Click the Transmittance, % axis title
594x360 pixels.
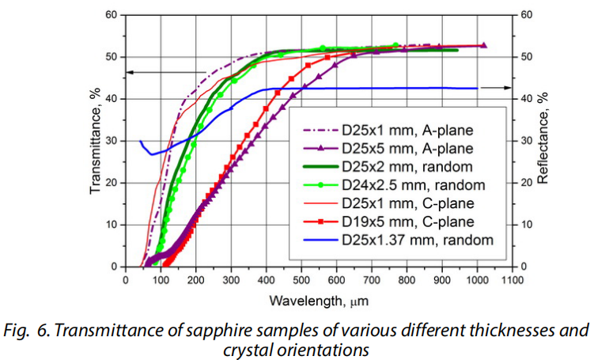[95, 141]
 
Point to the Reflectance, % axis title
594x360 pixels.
[543, 141]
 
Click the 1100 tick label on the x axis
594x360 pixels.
[513, 279]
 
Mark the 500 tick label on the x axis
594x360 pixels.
[301, 279]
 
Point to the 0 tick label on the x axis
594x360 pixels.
[125, 279]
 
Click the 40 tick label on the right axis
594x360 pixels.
[525, 99]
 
